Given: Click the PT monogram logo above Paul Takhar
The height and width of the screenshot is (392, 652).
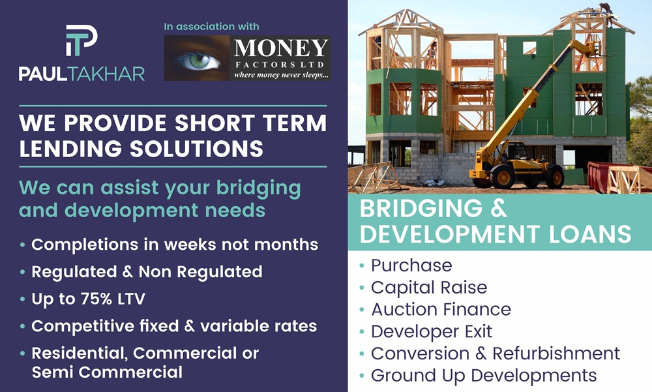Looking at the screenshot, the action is click(x=81, y=40).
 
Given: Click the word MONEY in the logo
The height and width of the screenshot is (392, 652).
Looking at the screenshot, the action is click(x=280, y=48).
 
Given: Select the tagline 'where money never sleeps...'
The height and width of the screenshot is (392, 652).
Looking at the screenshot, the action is click(x=281, y=75).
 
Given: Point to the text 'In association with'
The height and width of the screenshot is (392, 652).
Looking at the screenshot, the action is click(x=211, y=27).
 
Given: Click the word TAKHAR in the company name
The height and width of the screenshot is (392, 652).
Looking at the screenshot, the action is click(x=106, y=74).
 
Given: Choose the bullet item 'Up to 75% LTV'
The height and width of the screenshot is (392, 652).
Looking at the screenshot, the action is click(x=88, y=299).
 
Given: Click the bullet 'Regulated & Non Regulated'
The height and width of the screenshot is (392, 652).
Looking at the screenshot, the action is click(x=147, y=272).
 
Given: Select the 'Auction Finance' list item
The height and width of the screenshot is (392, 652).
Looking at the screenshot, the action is click(x=441, y=309).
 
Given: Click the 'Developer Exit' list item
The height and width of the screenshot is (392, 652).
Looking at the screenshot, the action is click(x=431, y=331).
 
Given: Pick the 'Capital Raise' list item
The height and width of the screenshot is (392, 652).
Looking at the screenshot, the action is click(x=429, y=287).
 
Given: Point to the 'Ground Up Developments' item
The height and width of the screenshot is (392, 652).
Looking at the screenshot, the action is click(x=484, y=375).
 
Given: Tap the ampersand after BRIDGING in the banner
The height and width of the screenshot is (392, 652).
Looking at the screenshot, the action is click(x=499, y=208).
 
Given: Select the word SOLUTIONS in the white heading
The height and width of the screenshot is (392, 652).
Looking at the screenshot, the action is click(x=197, y=149).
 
